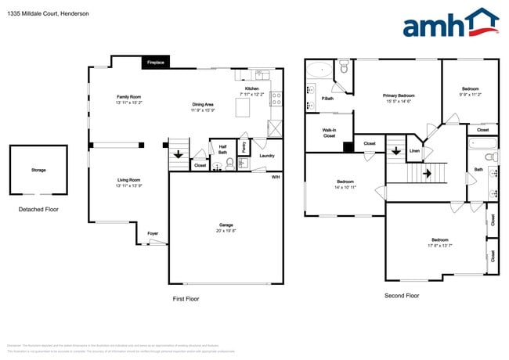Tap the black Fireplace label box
coord(156,62)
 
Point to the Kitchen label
coord(251,88)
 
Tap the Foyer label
coord(152,232)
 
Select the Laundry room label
coord(266,156)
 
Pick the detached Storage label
coord(38,170)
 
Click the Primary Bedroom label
coord(398,95)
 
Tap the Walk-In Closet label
coord(329,132)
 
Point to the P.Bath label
coord(327,99)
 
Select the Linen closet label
coord(414,151)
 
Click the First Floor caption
coord(186,299)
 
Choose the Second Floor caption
coord(402,296)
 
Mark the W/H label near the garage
coord(275,177)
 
